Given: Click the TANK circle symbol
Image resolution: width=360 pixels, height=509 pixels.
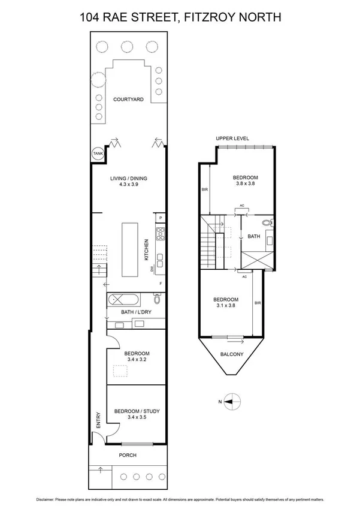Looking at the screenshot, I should coord(97,154).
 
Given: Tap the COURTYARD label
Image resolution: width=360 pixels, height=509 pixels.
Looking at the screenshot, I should coord(128,99).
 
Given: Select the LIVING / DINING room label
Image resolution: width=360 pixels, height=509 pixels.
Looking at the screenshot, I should coord(128,178).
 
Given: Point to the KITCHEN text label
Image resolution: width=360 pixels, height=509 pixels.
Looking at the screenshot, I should coord(146,249).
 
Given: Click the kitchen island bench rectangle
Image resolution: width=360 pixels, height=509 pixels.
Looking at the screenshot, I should coord(129,249).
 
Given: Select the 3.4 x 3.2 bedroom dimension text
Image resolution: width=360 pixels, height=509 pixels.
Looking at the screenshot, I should coord(137,360).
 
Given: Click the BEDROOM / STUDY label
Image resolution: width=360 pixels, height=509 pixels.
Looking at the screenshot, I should coord(137,411).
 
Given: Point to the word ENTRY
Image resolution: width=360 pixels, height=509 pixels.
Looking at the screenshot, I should coord(98,422).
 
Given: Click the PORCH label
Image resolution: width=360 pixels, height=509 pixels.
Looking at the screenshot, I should coord(128,455).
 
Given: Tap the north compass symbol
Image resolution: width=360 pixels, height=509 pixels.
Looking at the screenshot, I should coord(232,402).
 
